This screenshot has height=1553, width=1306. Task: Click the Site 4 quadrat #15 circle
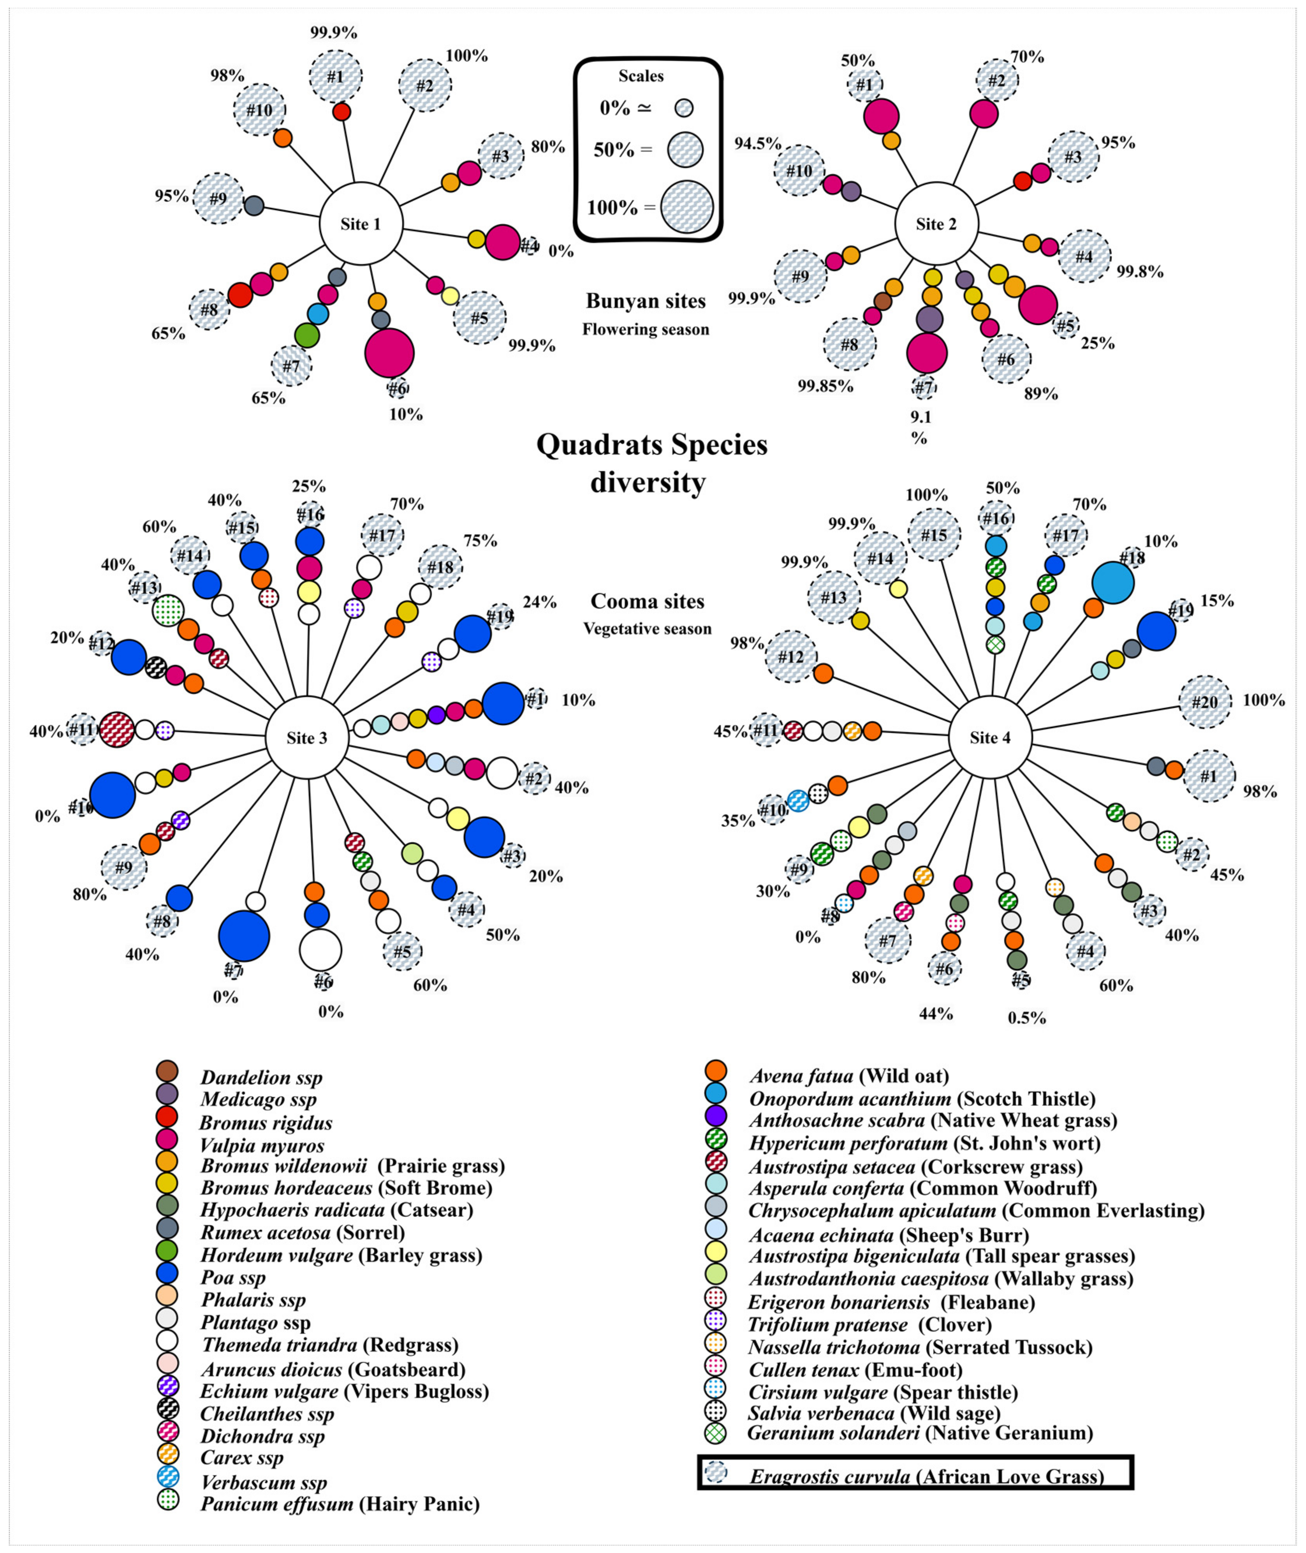click(x=935, y=535)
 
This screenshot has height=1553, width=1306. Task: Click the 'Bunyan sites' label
click(x=646, y=301)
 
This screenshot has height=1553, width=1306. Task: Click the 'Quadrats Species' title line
click(x=651, y=444)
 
